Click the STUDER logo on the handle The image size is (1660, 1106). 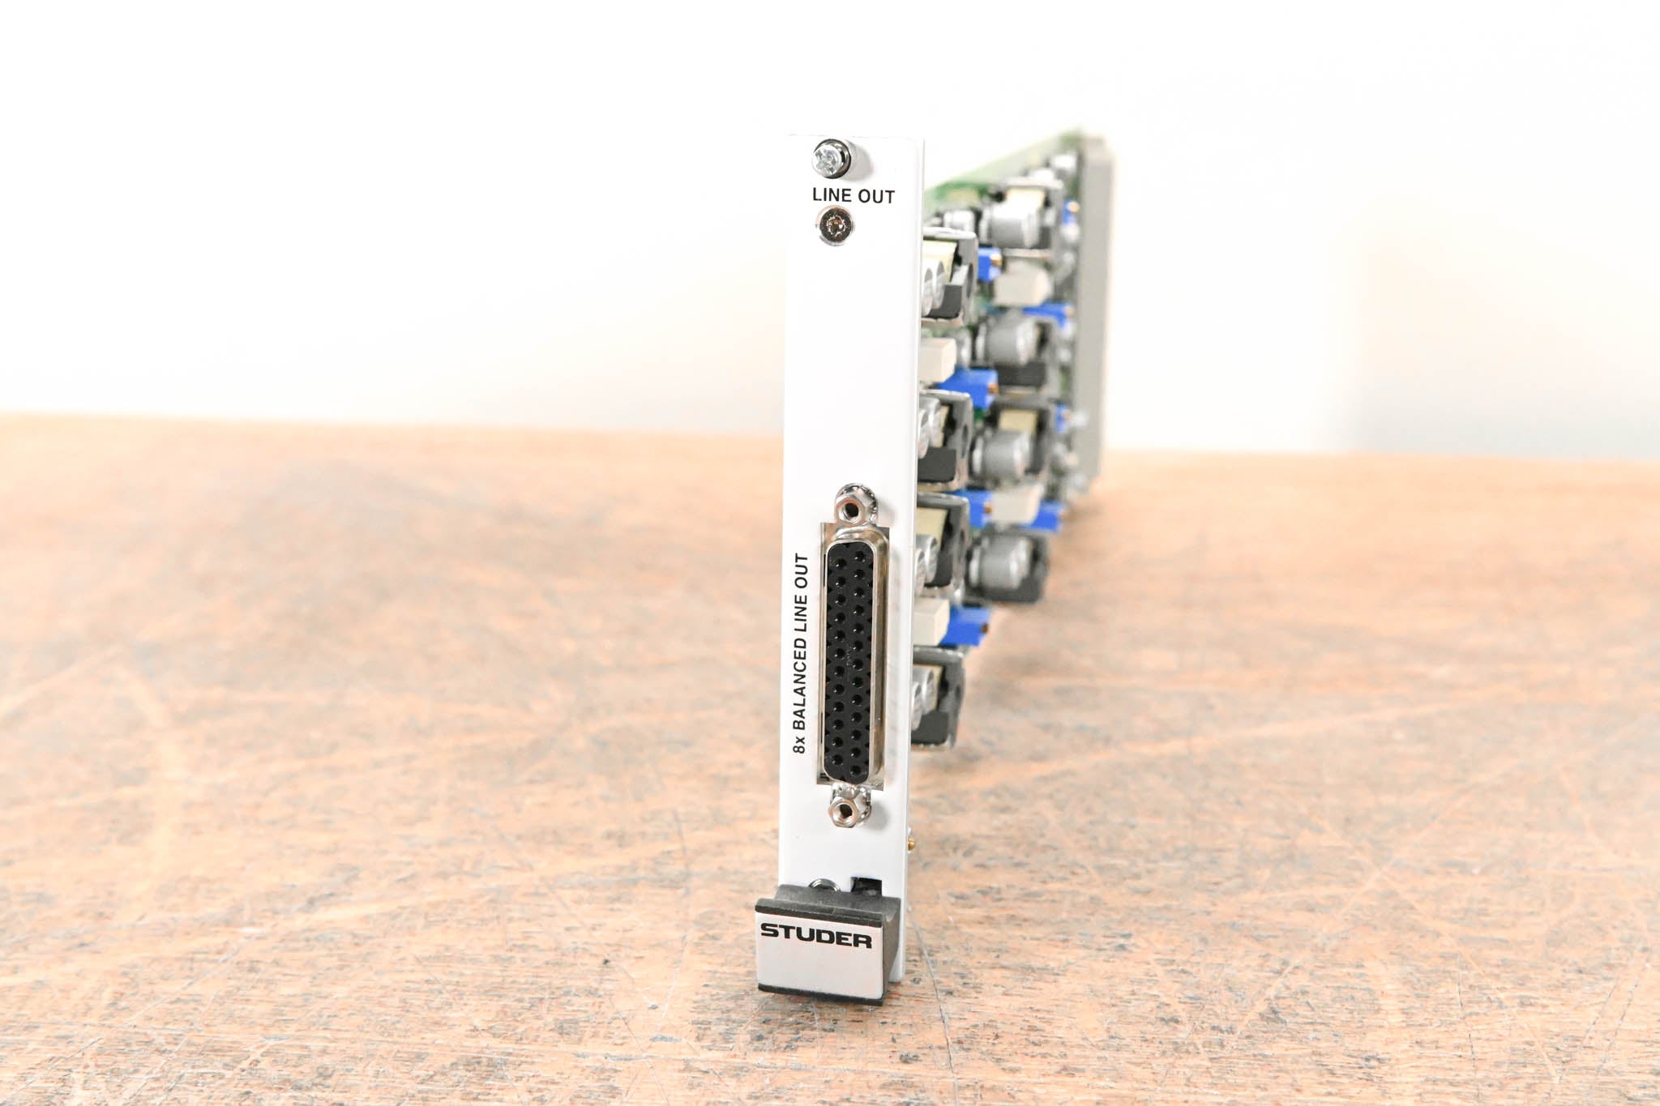pos(815,941)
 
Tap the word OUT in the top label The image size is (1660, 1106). pos(876,196)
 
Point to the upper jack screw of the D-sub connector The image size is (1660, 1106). pos(852,506)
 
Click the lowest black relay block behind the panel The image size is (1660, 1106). pos(941,702)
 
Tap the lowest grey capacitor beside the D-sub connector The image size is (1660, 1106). pos(1006,559)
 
